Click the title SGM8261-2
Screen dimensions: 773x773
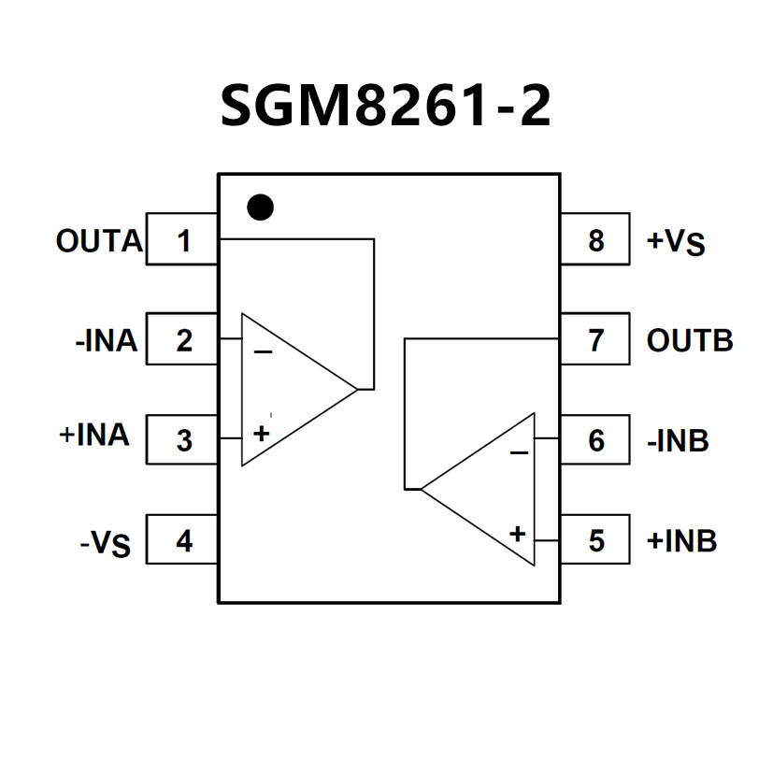pos(385,105)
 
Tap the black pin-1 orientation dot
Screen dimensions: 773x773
pos(260,208)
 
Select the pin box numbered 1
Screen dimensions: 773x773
pos(182,239)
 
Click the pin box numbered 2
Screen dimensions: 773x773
pos(182,338)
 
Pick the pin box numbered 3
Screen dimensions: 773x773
pos(182,439)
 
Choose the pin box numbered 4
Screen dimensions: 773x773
pos(182,538)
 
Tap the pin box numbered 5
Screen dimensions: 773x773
pos(595,538)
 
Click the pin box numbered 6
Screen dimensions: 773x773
pos(595,439)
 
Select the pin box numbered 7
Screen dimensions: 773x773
pos(595,338)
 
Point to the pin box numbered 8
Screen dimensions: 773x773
pos(595,239)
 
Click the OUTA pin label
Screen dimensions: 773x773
pos(99,240)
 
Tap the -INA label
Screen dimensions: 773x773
pos(106,340)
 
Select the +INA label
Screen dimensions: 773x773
pos(94,435)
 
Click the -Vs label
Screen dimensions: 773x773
pos(106,544)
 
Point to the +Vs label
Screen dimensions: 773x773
pos(676,242)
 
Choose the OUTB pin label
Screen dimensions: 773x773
pos(690,340)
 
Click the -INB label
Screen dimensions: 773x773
pos(678,440)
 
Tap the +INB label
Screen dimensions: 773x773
pos(681,540)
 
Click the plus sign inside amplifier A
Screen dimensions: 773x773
pos(262,434)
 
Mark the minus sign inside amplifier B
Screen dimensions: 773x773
pos(519,452)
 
